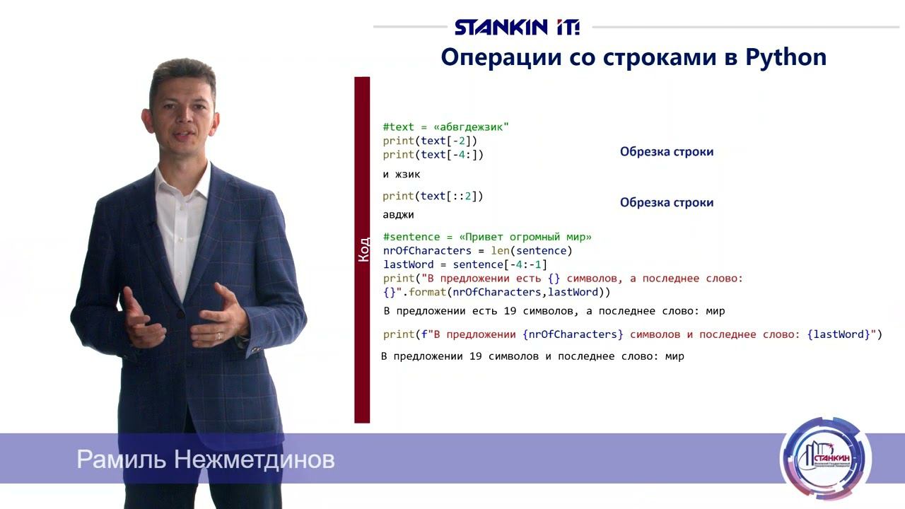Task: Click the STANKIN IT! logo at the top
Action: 517,28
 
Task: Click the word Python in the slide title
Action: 786,57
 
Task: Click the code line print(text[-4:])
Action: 433,154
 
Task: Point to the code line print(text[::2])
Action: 433,196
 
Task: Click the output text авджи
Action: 398,214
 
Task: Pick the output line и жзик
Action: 402,174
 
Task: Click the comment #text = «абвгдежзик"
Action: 446,127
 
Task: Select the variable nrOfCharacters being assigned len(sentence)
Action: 427,250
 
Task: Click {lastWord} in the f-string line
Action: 839,334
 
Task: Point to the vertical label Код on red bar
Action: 363,250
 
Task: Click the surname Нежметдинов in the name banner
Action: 254,460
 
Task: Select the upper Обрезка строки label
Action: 667,151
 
